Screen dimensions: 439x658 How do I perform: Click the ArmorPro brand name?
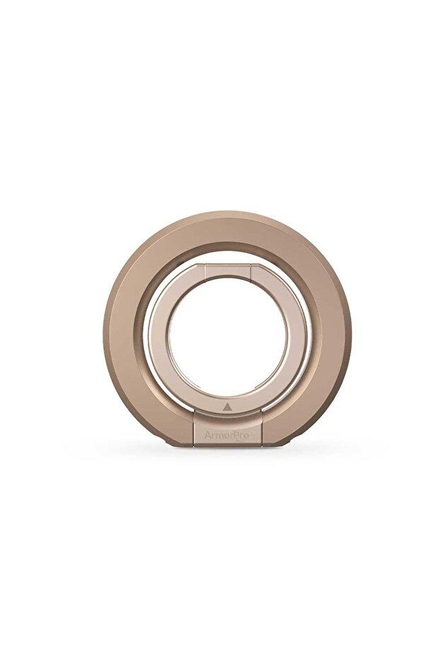pyautogui.click(x=226, y=435)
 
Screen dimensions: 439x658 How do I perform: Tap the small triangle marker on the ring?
pyautogui.click(x=227, y=406)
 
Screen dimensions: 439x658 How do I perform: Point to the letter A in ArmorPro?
pyautogui.click(x=208, y=435)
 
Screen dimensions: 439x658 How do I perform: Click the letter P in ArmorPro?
pyautogui.click(x=235, y=435)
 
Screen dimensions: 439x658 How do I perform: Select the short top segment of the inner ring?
pyautogui.click(x=228, y=271)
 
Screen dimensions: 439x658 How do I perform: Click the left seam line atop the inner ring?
pyautogui.click(x=205, y=271)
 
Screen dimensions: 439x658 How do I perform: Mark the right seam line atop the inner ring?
pyautogui.click(x=250, y=271)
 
